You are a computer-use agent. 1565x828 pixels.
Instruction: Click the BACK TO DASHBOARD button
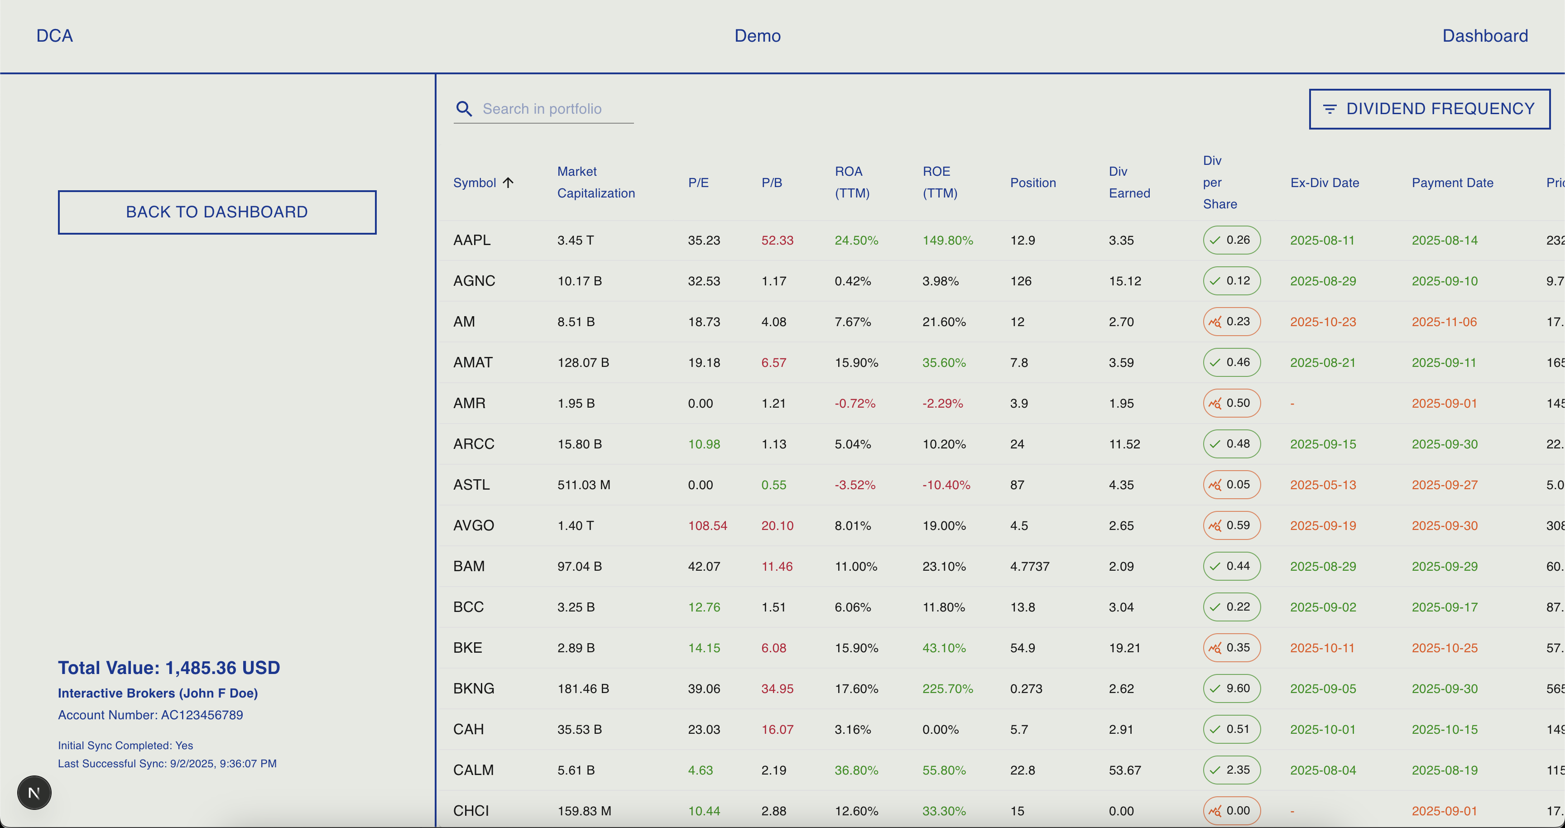tap(217, 212)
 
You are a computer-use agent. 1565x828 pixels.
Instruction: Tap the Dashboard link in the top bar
tap(1484, 36)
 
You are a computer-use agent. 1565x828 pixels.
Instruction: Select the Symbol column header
tap(475, 183)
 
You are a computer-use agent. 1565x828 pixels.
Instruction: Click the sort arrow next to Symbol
tap(509, 182)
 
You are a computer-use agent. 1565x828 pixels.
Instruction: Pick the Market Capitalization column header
tap(595, 182)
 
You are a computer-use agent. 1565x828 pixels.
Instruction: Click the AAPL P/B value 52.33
tap(777, 241)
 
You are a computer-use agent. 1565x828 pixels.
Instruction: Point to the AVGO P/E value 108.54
tap(707, 525)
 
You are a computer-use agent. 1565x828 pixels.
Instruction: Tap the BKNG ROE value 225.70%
tap(947, 689)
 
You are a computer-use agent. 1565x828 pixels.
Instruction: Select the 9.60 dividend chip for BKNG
tap(1231, 688)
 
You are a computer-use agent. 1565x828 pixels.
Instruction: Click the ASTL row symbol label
tap(471, 485)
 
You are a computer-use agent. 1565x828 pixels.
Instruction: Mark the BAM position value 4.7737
tap(1029, 566)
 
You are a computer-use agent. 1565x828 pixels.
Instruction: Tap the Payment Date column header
tap(1452, 183)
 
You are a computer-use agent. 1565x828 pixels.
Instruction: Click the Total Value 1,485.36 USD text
tap(169, 668)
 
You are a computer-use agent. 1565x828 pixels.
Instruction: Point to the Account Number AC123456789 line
tap(150, 715)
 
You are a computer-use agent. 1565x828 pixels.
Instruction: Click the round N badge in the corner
tap(34, 793)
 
